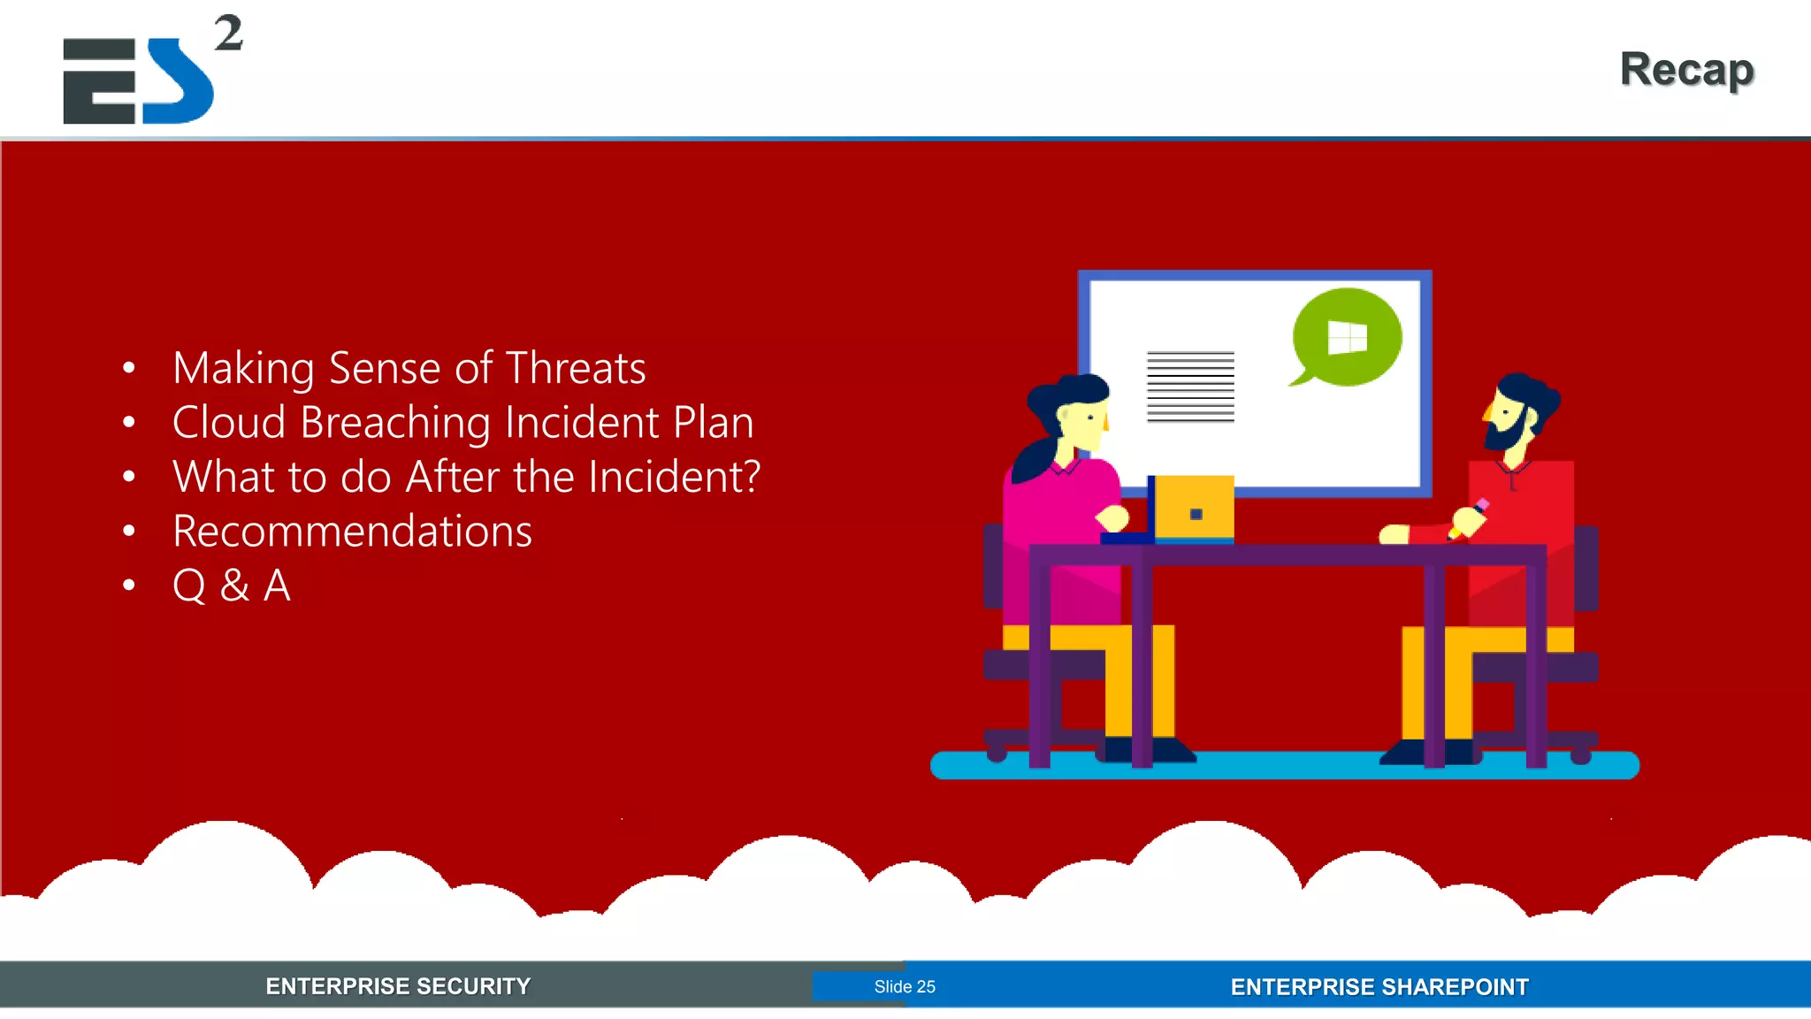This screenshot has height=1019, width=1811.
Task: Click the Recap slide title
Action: click(x=1686, y=70)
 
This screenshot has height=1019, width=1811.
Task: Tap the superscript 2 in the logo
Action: click(x=228, y=34)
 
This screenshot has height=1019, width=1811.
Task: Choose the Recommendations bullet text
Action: click(x=352, y=531)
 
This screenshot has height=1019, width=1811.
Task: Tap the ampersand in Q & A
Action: click(x=234, y=586)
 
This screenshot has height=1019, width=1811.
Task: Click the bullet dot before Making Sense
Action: click(x=129, y=368)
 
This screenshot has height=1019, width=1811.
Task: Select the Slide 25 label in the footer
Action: click(x=904, y=986)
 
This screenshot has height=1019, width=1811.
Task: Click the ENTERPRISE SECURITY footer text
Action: click(x=398, y=986)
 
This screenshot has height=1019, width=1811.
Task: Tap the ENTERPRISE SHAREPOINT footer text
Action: click(x=1379, y=987)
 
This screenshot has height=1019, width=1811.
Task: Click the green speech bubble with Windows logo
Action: click(x=1346, y=337)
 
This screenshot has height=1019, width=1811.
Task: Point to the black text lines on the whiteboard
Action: click(x=1190, y=387)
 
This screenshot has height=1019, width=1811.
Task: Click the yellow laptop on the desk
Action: click(x=1194, y=508)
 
